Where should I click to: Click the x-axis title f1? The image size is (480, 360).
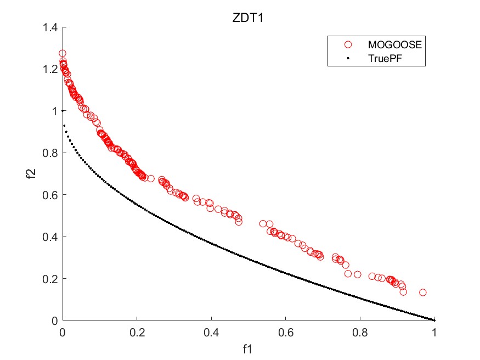(x=248, y=348)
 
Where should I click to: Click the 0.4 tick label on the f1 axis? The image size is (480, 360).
(x=211, y=332)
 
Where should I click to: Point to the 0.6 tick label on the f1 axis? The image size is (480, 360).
(x=286, y=332)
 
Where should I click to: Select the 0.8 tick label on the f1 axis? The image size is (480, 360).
(x=360, y=332)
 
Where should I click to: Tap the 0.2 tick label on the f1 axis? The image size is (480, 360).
(x=137, y=332)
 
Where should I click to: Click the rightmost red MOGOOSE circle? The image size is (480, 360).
(x=423, y=292)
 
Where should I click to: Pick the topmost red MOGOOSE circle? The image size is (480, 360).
(x=63, y=53)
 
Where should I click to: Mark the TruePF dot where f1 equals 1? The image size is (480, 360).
(x=434, y=320)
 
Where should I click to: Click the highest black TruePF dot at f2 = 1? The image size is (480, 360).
(x=63, y=111)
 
